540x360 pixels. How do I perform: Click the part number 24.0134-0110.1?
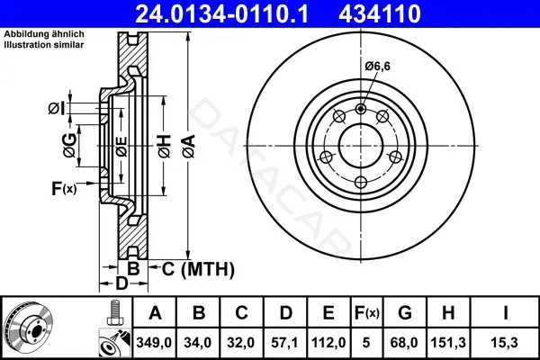click(x=221, y=13)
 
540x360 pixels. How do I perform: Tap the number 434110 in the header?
click(x=380, y=13)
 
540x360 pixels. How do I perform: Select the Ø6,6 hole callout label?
click(x=378, y=66)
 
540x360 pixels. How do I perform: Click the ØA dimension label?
click(x=190, y=146)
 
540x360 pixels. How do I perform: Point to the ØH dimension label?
click(x=165, y=146)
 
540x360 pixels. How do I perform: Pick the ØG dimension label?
click(x=70, y=146)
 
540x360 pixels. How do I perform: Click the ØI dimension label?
click(x=56, y=109)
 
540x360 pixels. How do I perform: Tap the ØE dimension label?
click(x=121, y=147)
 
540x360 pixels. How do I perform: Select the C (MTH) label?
click(x=198, y=269)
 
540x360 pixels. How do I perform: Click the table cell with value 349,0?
click(x=154, y=343)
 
